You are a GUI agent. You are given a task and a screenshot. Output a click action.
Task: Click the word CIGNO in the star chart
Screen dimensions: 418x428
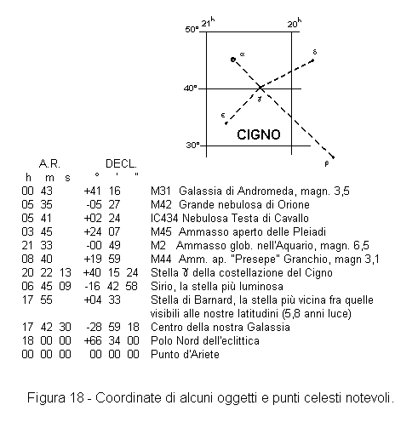pos(259,134)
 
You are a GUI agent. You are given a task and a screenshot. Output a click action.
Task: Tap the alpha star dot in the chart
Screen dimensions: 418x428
pos(233,60)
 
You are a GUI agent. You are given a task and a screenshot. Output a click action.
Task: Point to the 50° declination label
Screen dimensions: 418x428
pos(192,29)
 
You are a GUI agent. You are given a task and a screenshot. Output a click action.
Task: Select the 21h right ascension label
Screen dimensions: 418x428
pos(208,22)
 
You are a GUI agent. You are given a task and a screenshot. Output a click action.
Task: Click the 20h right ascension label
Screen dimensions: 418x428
pos(295,23)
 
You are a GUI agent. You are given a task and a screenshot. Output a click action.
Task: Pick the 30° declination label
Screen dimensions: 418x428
pos(192,146)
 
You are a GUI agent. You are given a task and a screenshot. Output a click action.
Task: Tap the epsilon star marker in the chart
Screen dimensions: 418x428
pos(226,123)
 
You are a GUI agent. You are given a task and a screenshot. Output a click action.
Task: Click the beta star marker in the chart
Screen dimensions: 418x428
pos(333,157)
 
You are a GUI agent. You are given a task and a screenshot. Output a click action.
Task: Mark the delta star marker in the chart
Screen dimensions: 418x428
pos(313,60)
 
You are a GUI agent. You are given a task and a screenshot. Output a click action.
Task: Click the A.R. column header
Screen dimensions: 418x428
pos(49,163)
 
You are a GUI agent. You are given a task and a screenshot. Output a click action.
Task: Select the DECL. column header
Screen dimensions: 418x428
pos(121,163)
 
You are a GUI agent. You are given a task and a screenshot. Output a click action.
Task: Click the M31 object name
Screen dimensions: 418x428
pos(161,191)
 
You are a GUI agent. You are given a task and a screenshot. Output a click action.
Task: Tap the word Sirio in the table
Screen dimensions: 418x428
pos(161,286)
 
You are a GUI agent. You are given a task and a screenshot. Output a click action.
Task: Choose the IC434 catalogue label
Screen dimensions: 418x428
pos(164,218)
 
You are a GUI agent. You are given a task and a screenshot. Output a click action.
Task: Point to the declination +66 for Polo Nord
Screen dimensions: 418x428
pos(93,340)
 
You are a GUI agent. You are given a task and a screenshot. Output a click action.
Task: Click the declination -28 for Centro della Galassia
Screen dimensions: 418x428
pos(94,327)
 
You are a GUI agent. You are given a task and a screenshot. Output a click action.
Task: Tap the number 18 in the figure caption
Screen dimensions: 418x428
pos(77,397)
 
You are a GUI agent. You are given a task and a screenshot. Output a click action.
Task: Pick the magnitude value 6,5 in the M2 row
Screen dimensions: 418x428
pos(361,245)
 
